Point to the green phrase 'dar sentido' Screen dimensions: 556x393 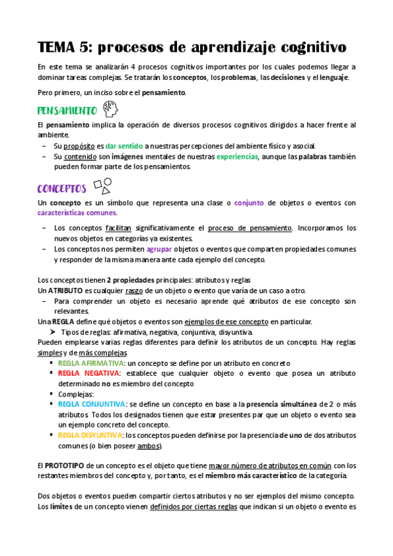[x=124, y=146]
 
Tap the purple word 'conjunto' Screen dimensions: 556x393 [x=250, y=203]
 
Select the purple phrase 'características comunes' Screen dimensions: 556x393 [x=77, y=213]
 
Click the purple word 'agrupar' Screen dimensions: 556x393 [x=159, y=249]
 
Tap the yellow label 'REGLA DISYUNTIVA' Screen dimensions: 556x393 [x=90, y=435]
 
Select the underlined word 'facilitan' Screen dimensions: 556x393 [x=119, y=228]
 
